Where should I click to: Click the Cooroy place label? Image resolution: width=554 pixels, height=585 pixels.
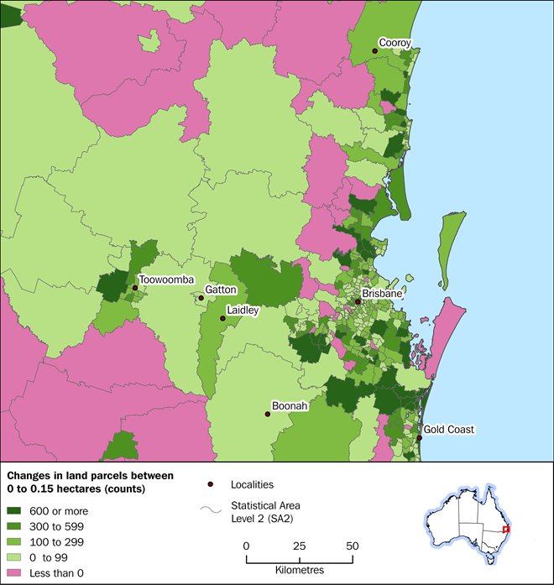[395, 41]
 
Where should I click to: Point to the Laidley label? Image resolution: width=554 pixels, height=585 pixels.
[240, 310]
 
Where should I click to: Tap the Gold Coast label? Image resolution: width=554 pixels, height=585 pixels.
[448, 429]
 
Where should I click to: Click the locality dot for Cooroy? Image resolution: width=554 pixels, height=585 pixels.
[374, 51]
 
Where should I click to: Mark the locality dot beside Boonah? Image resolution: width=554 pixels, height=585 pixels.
[267, 414]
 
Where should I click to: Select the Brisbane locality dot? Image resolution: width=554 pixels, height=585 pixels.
[358, 301]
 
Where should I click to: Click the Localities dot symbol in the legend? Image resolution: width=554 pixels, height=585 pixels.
[210, 484]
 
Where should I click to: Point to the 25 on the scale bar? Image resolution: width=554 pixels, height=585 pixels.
[299, 546]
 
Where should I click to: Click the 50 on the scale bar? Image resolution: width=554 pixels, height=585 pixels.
[352, 546]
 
